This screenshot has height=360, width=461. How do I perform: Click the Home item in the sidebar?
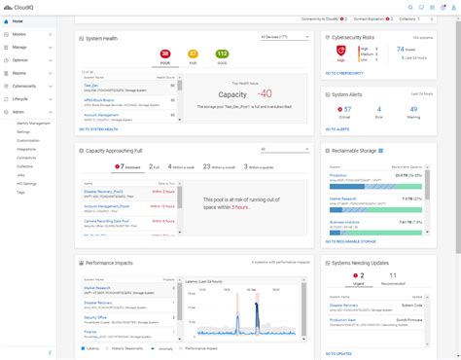pos(18,20)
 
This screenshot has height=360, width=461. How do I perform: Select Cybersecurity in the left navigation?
pos(25,86)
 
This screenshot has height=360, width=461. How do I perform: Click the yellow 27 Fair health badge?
pos(194,55)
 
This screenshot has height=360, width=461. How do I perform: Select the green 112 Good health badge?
pos(221,55)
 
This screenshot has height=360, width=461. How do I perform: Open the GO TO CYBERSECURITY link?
pos(345,71)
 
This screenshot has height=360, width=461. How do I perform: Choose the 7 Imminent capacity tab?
pos(97,167)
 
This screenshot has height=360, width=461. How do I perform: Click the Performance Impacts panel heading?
pos(111,262)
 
